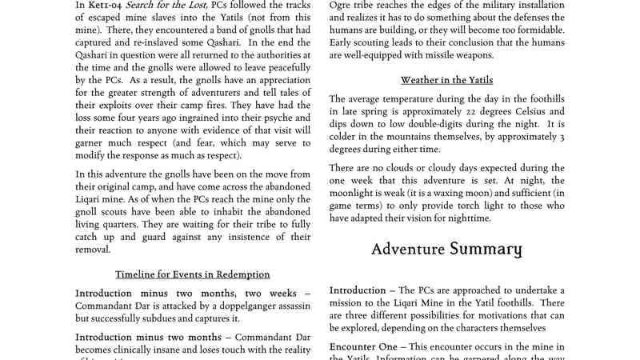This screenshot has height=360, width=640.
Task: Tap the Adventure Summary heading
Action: click(x=446, y=249)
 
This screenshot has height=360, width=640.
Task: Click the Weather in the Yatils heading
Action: click(x=446, y=80)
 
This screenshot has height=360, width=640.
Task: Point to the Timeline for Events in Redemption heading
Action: click(x=193, y=274)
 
